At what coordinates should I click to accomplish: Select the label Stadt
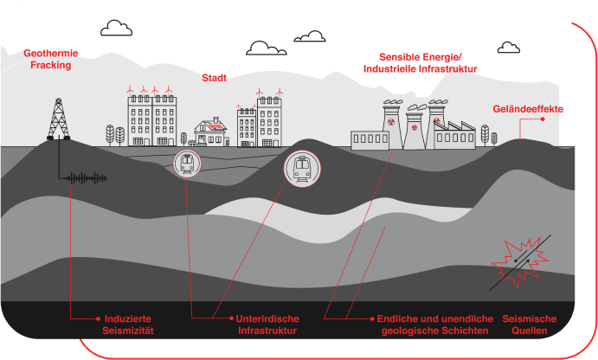214,78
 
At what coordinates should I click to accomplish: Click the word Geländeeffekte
528,109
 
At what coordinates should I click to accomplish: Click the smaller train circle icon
187,163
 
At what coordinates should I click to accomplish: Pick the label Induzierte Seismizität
128,325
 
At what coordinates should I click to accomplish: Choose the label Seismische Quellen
530,325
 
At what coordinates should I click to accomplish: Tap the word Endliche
401,318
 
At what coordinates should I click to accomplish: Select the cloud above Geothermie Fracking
116,29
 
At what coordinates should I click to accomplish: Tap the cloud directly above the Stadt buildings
267,48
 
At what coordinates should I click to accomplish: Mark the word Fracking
48,65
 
